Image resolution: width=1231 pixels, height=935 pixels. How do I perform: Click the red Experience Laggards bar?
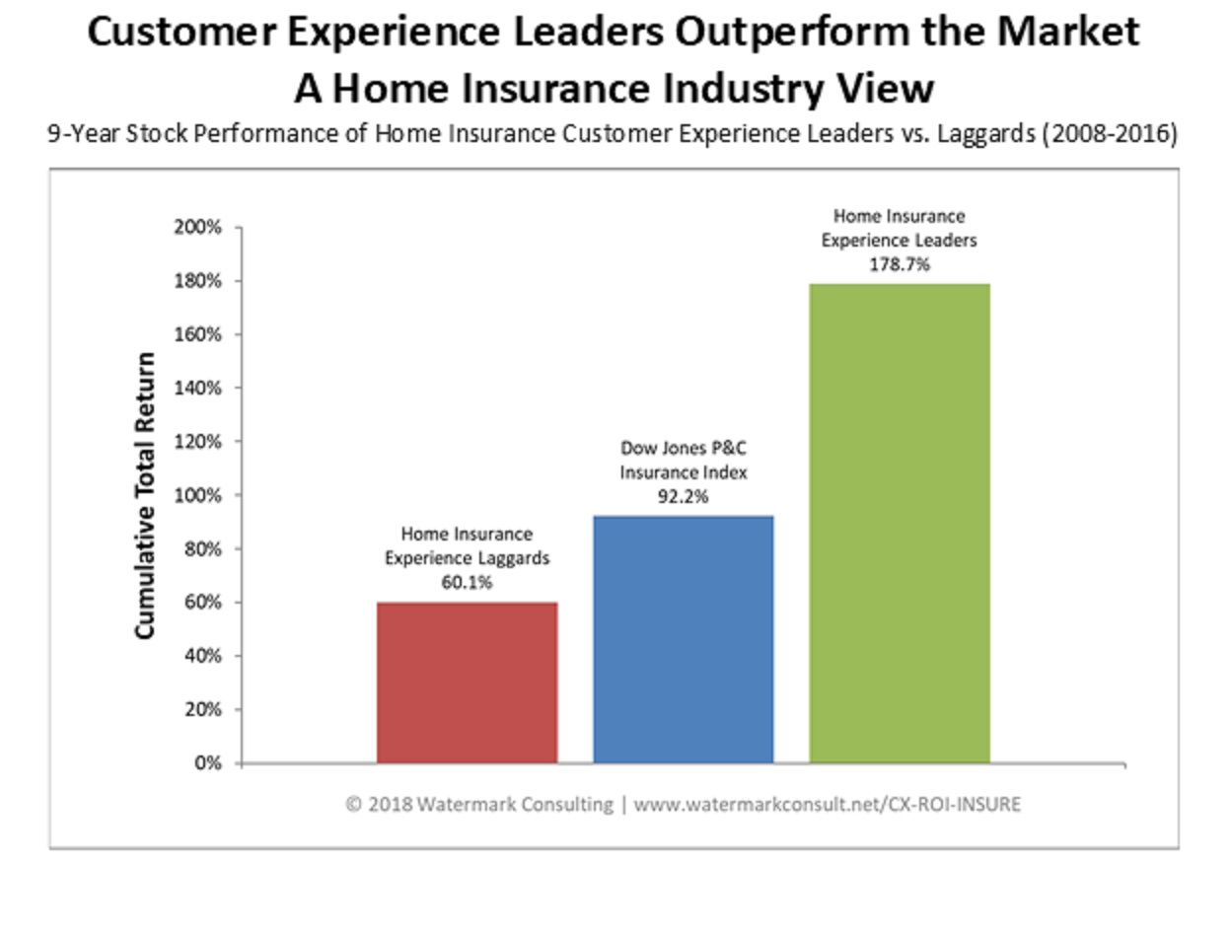(467, 682)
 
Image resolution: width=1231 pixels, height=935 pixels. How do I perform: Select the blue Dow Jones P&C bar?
(683, 638)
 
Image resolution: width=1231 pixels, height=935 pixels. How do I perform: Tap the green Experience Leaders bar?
(899, 523)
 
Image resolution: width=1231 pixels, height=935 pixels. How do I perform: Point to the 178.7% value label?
(899, 264)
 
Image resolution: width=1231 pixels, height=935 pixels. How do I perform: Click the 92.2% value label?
(683, 496)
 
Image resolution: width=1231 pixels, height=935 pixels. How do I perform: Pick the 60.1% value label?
(467, 582)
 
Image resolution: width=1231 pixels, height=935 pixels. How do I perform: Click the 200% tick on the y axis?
(200, 228)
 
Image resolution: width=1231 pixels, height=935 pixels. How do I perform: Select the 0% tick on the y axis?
(207, 763)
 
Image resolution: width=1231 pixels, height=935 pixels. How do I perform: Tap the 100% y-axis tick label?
(200, 495)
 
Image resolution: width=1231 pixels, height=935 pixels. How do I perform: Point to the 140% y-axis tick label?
(200, 388)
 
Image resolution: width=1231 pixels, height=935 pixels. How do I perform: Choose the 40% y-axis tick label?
(203, 656)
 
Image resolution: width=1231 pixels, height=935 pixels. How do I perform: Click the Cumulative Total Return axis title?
(145, 495)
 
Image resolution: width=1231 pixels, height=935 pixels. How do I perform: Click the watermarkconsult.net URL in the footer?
(827, 805)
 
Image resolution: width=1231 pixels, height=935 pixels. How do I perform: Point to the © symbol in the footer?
(353, 805)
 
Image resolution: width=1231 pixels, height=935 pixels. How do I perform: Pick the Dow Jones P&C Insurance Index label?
(683, 460)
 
